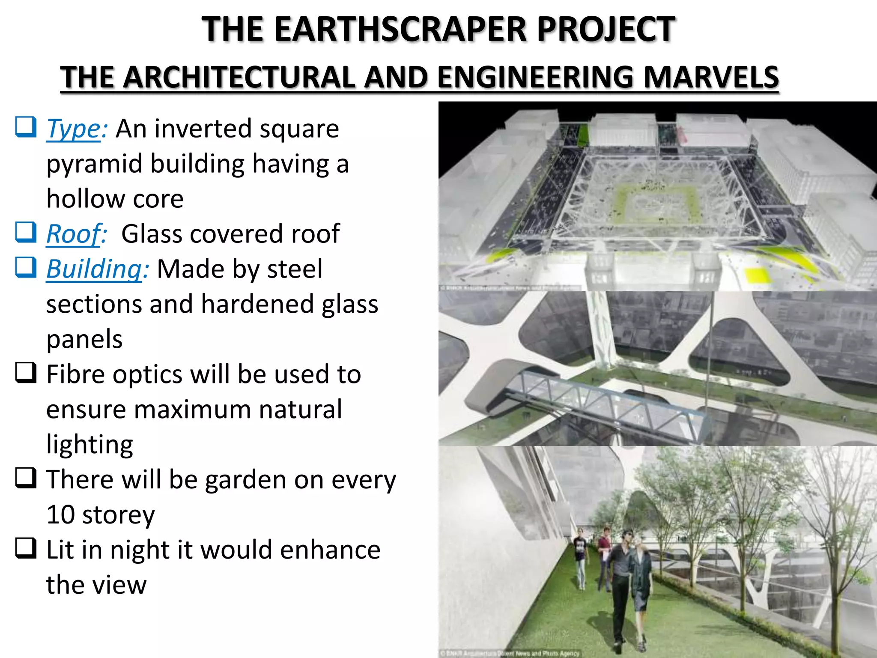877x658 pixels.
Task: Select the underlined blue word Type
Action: tap(74, 129)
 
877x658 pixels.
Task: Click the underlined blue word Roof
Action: tap(75, 234)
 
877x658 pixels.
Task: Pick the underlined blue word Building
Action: tap(94, 269)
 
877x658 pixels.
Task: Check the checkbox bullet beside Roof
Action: tap(26, 233)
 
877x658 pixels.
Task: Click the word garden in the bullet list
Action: tap(245, 480)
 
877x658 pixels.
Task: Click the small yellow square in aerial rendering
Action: tap(757, 274)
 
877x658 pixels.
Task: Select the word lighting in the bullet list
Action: tap(89, 445)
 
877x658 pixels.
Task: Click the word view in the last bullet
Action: tap(122, 585)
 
